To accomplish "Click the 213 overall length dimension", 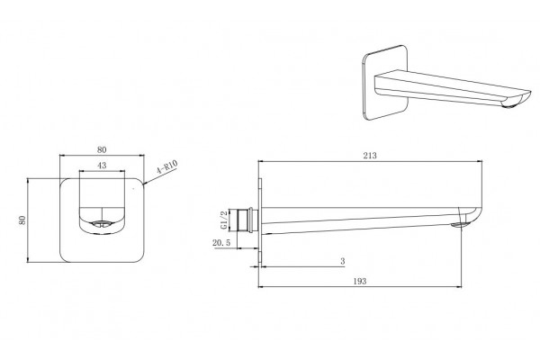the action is click(x=370, y=156).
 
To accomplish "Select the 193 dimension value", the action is click(x=360, y=282).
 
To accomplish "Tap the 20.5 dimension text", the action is click(x=221, y=243).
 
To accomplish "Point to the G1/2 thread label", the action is click(x=224, y=220).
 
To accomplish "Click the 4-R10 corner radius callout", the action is click(x=167, y=167).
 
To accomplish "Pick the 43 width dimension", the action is click(x=102, y=166).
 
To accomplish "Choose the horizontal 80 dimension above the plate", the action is click(x=102, y=150).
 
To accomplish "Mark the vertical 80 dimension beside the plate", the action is click(x=22, y=220).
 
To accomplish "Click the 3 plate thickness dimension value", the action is click(x=342, y=262).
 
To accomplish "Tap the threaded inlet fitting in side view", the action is click(x=247, y=220).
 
